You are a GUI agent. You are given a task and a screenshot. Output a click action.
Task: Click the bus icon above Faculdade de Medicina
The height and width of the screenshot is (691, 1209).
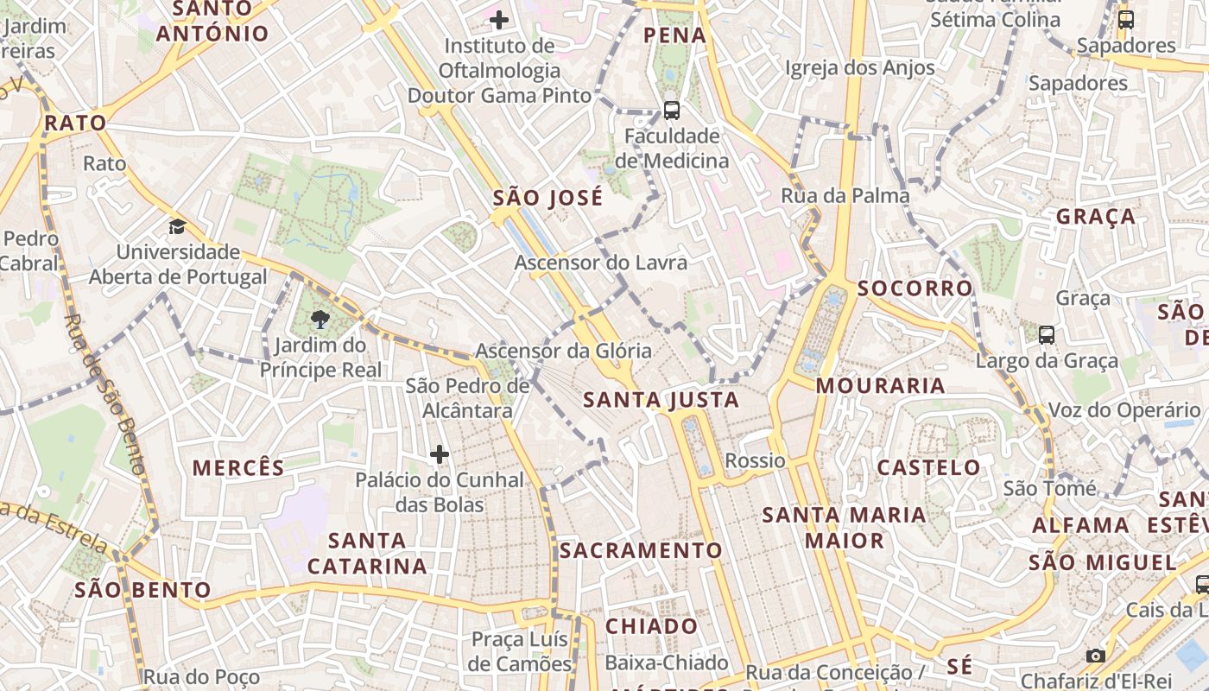(x=671, y=110)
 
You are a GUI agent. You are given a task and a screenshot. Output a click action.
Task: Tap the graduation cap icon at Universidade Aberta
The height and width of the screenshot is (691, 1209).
(x=177, y=226)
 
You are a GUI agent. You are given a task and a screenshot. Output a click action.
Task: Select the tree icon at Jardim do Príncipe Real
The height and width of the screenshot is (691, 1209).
(x=320, y=320)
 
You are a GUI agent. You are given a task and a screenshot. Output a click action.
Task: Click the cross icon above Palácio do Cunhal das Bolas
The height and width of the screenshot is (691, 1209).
(x=440, y=453)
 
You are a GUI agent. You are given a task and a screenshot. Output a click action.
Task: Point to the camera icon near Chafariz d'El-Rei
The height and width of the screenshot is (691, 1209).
(x=1095, y=656)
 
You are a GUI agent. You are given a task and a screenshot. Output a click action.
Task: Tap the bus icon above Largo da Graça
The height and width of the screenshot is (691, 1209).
(x=1046, y=334)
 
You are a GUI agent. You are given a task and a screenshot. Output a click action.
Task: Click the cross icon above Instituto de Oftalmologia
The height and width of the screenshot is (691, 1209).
(x=498, y=19)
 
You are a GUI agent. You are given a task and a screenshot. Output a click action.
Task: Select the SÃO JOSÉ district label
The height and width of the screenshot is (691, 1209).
(x=548, y=198)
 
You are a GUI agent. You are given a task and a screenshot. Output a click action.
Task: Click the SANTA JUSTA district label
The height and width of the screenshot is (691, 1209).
(x=661, y=400)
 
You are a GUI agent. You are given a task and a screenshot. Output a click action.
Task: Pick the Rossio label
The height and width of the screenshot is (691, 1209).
(x=755, y=460)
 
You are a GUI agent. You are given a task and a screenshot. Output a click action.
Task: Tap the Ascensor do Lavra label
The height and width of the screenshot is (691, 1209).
(x=601, y=263)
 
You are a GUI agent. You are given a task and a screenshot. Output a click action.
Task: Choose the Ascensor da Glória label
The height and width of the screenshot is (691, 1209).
(x=563, y=352)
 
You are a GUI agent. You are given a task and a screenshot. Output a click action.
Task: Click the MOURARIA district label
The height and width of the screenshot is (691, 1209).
(x=880, y=385)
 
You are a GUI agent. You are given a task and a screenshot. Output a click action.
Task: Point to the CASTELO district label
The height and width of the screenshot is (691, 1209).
(x=929, y=468)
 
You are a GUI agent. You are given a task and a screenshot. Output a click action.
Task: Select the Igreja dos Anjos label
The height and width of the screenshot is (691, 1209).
(x=859, y=67)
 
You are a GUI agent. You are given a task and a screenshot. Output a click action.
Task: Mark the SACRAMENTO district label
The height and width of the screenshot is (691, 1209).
(x=641, y=550)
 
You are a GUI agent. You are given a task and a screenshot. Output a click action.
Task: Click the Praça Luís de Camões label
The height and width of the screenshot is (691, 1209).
(x=521, y=651)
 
